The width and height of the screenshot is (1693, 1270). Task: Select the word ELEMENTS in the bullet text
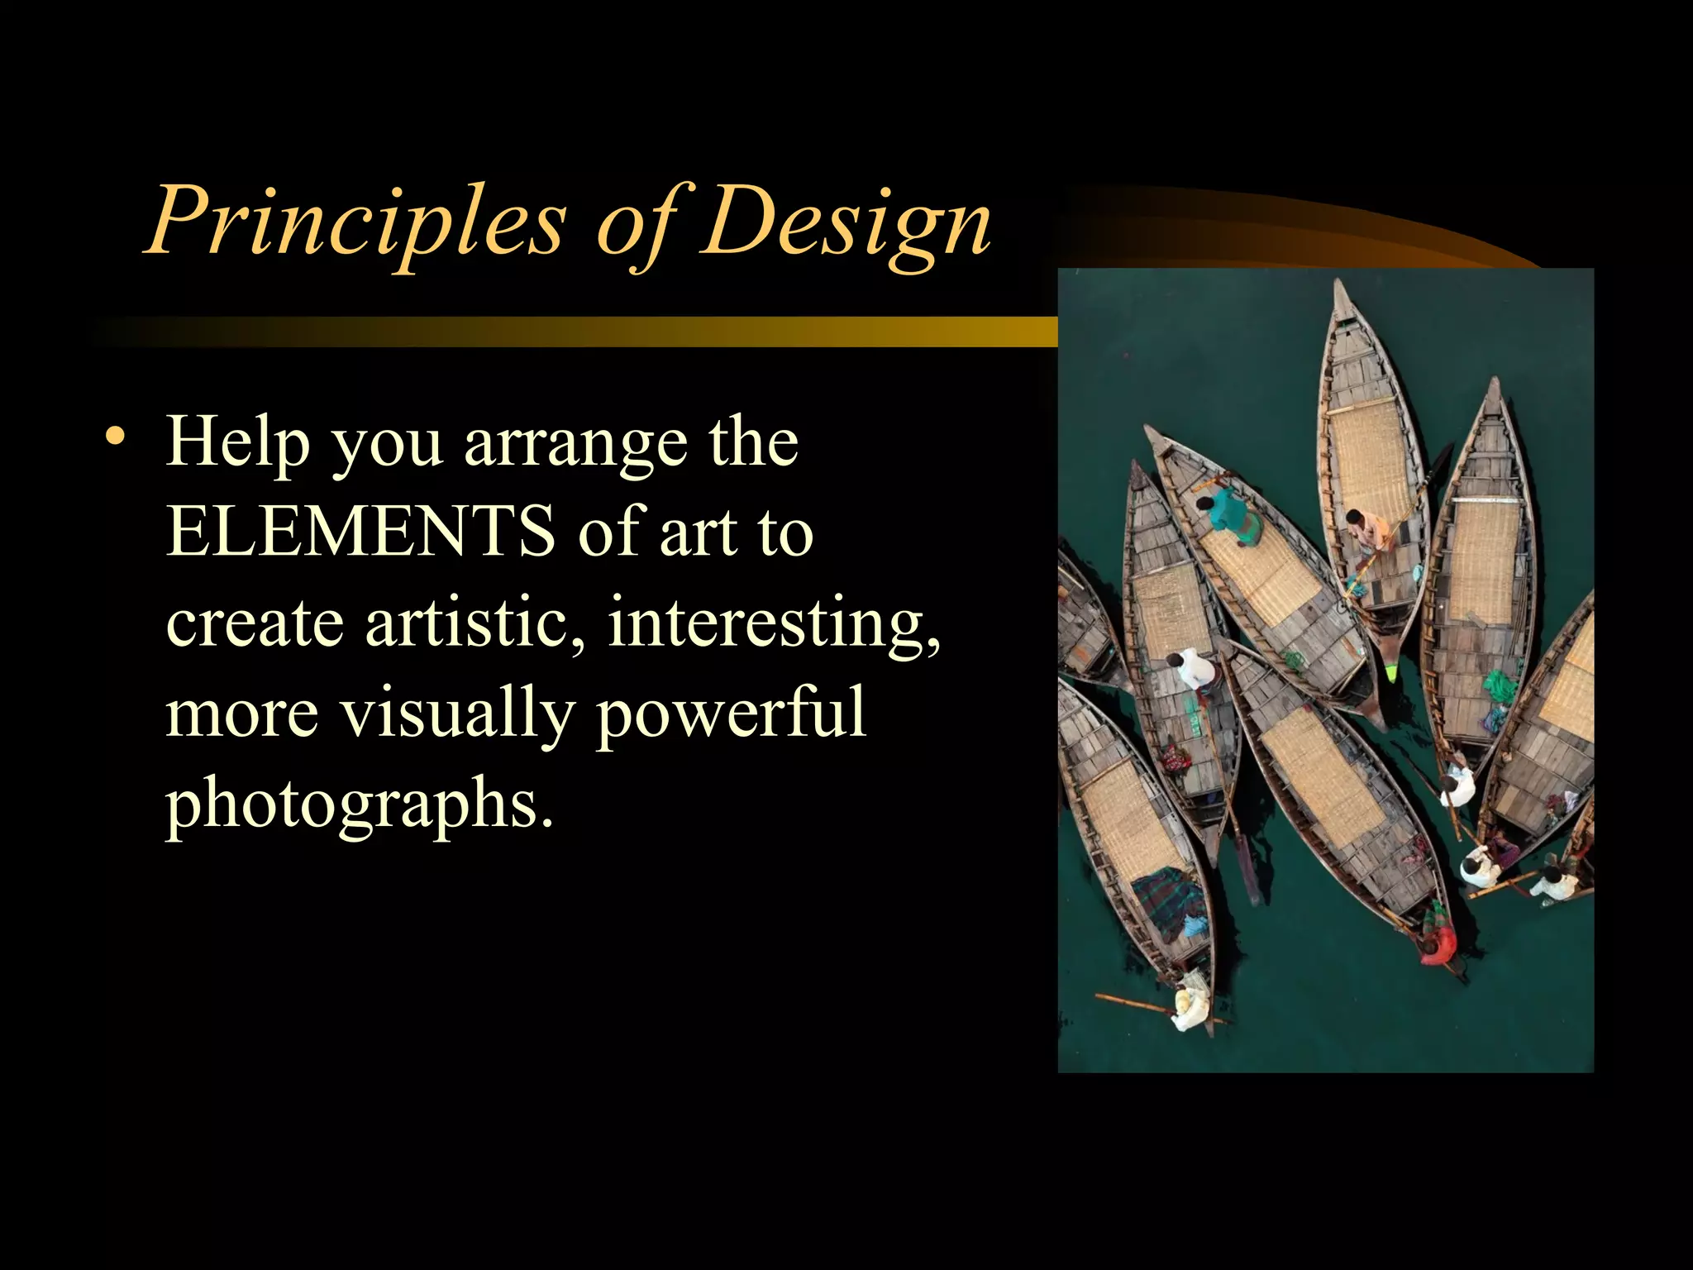(361, 530)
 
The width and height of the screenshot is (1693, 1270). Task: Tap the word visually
(458, 714)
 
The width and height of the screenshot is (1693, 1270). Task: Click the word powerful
(731, 714)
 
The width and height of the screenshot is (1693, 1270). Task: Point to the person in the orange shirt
(1367, 529)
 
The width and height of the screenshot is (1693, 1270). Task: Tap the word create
(255, 623)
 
